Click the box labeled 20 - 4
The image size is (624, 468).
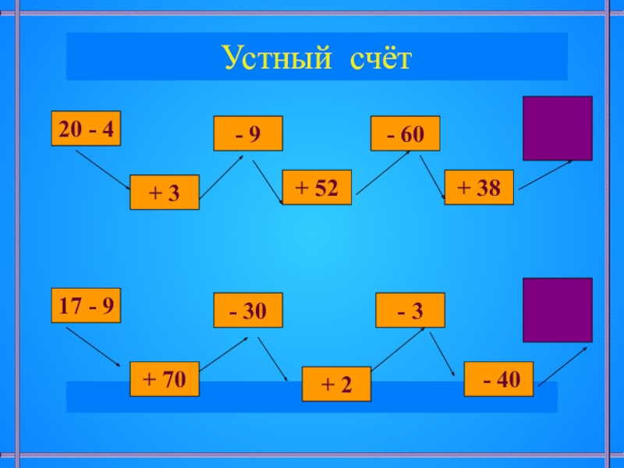point(86,129)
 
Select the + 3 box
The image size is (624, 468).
point(164,193)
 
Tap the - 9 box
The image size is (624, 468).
point(248,133)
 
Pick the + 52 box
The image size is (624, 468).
point(316,187)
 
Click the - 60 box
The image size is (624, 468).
point(405,133)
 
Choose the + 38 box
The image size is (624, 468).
point(479,187)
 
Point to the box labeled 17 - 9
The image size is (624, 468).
point(86,306)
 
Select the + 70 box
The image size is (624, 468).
point(165,379)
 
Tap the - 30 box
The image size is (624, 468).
point(248,311)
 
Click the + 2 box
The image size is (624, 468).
point(336,384)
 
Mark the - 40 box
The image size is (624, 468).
point(498,379)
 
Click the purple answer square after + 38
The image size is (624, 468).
point(557,128)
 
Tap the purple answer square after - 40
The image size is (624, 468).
point(557,310)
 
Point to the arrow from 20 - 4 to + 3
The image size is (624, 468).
point(102,168)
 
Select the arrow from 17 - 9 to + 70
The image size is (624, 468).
point(93,346)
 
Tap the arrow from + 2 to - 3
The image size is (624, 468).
point(398,349)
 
